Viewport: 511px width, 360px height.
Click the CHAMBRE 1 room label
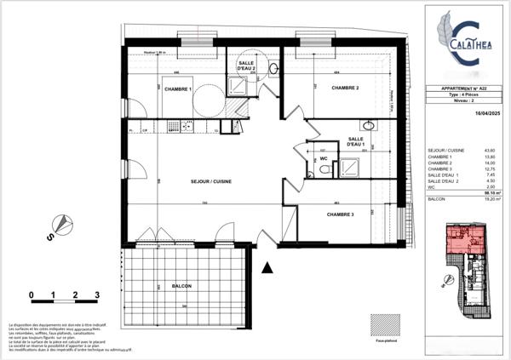click(177, 89)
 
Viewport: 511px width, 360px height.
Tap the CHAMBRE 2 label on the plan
click(344, 89)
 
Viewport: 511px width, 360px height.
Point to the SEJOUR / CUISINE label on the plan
click(210, 181)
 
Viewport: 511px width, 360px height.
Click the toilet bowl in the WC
click(324, 169)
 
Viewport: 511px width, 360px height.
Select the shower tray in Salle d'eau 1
click(352, 163)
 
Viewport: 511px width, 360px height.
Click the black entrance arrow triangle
click(268, 268)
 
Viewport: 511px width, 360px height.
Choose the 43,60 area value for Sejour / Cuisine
click(491, 151)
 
